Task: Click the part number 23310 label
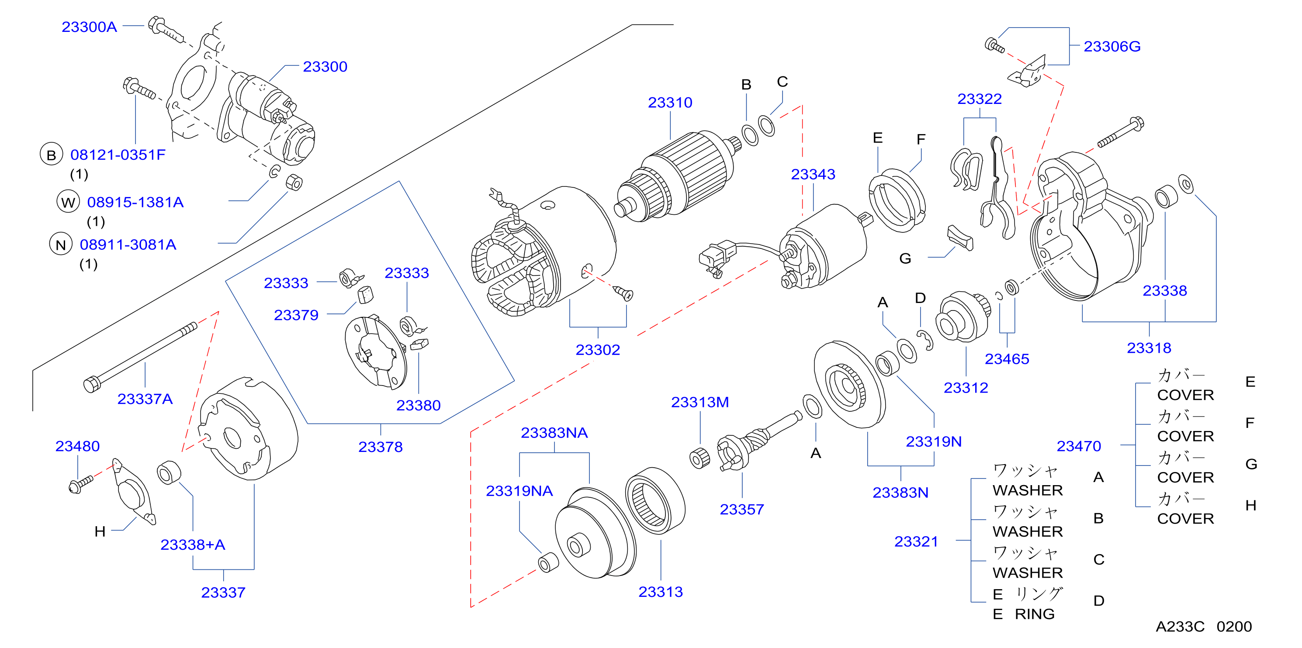pyautogui.click(x=670, y=103)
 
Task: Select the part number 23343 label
pyautogui.click(x=813, y=174)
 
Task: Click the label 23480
pyautogui.click(x=77, y=446)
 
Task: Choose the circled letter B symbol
pyautogui.click(x=51, y=155)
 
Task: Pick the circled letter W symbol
pyautogui.click(x=68, y=202)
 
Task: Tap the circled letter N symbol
pyautogui.click(x=61, y=245)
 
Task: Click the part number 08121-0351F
pyautogui.click(x=118, y=155)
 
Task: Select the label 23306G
pyautogui.click(x=1112, y=46)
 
